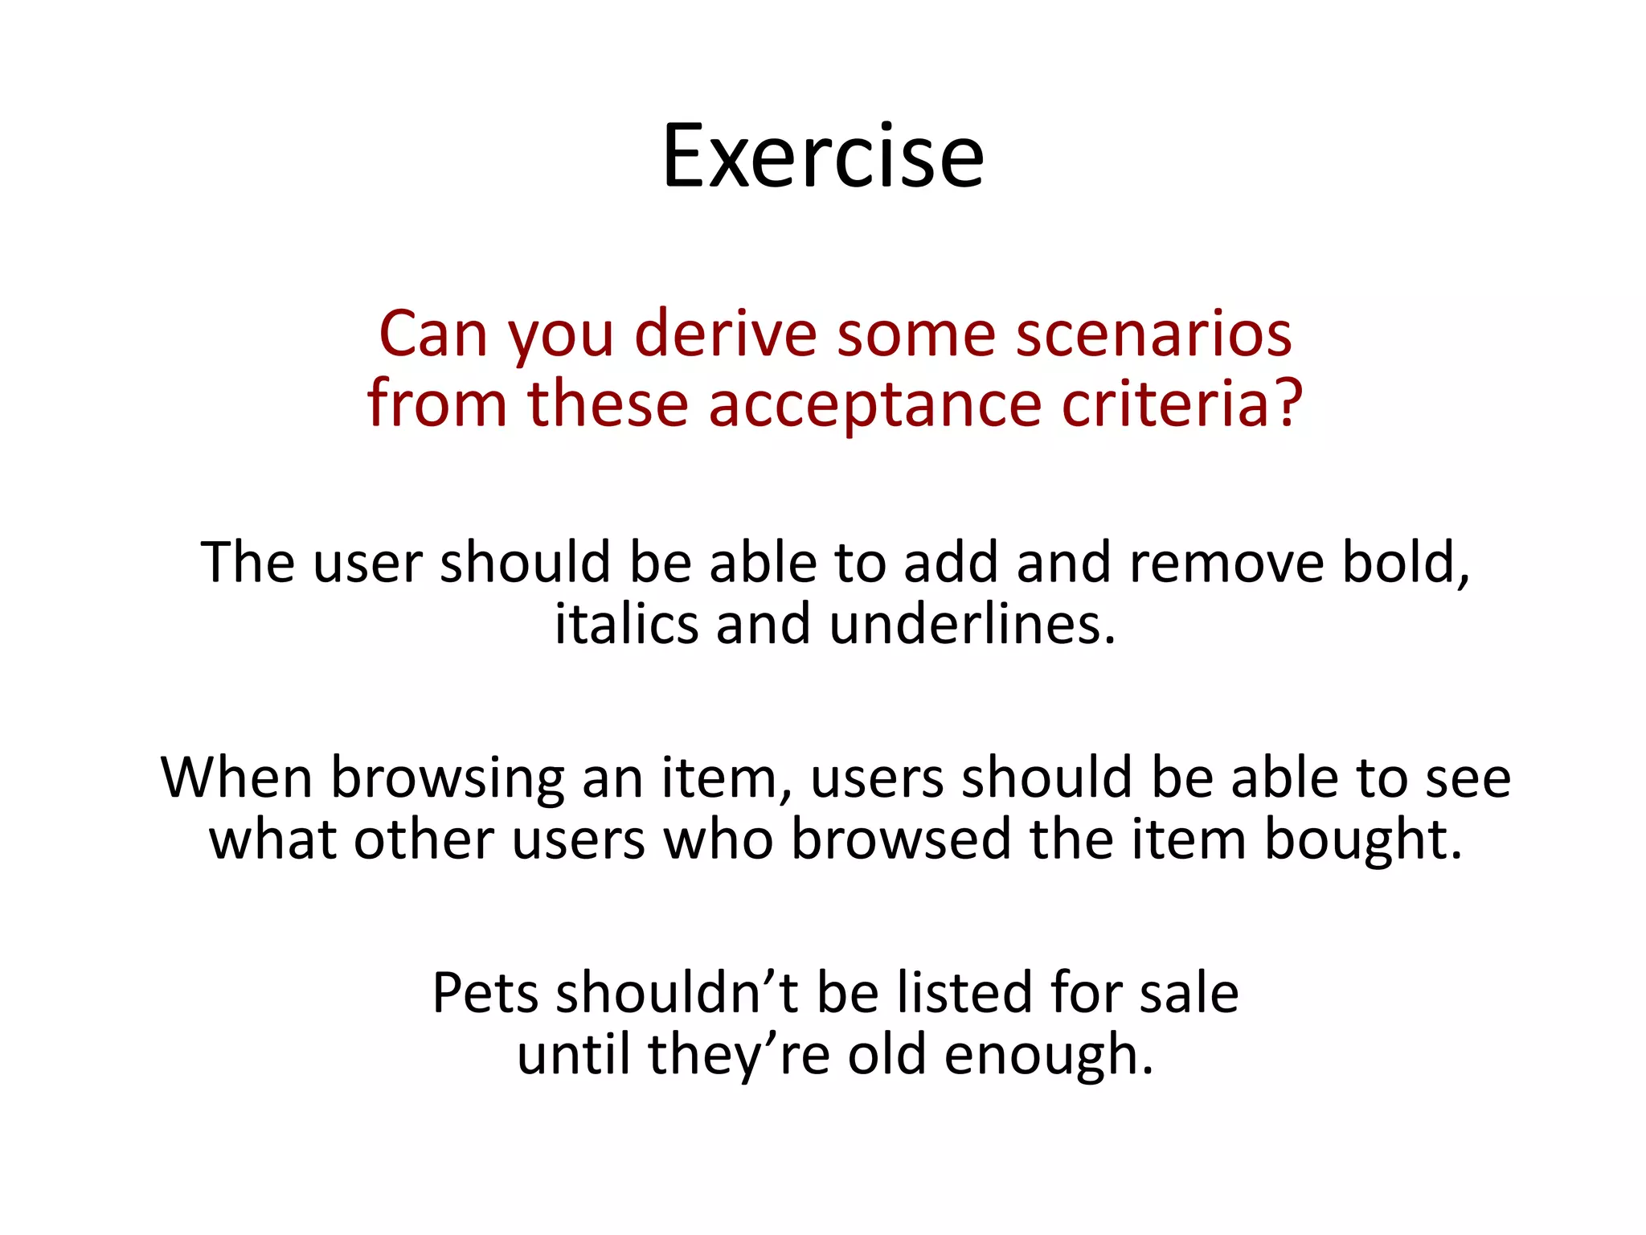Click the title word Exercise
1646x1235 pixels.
822,156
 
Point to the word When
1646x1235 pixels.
237,778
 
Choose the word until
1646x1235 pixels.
573,1055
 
